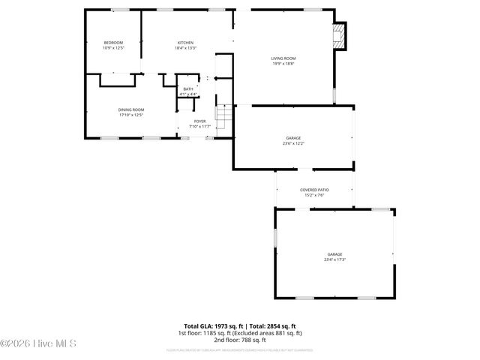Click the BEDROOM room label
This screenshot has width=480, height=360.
pos(113,43)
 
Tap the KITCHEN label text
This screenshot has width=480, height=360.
pos(185,43)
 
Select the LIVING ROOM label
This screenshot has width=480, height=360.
pos(283,58)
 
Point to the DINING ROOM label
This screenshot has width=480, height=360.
pos(130,110)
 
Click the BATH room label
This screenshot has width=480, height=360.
pos(188,89)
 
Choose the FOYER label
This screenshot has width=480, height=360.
pos(199,121)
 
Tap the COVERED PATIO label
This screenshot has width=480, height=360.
pos(314,190)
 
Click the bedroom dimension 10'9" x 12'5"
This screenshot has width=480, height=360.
pos(113,48)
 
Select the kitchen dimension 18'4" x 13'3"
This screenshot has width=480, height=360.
pos(185,48)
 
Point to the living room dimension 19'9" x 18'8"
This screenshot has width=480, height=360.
pos(283,64)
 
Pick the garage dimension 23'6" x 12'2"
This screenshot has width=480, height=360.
pos(293,143)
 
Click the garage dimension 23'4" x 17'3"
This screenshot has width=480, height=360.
pos(334,259)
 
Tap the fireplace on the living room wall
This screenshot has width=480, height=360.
pos(340,35)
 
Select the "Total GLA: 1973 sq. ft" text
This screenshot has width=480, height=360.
pos(214,326)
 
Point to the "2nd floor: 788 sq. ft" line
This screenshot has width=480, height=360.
pos(239,340)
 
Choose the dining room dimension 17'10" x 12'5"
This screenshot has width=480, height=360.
pos(130,115)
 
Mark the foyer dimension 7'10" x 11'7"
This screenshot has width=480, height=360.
pos(199,126)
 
